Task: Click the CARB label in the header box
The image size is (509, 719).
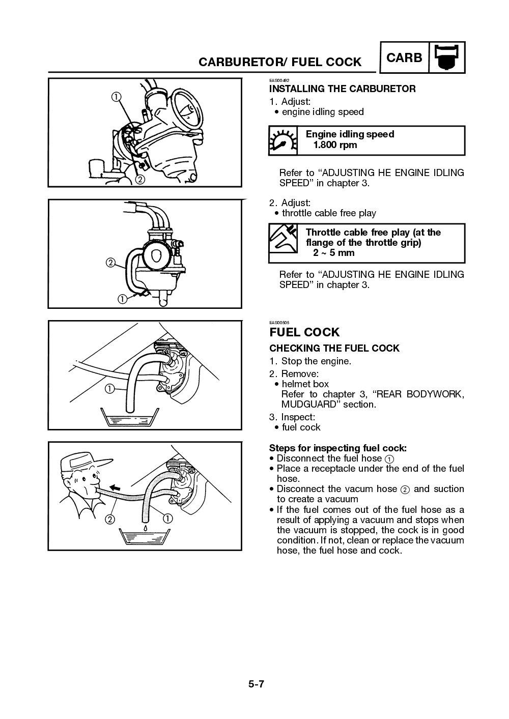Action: pyautogui.click(x=404, y=58)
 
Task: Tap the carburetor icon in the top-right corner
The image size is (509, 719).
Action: pyautogui.click(x=447, y=57)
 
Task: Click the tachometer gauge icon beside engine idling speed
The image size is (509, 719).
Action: pyautogui.click(x=282, y=140)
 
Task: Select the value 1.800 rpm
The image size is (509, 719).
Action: pyautogui.click(x=335, y=145)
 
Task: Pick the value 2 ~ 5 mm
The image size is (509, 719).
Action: pyautogui.click(x=333, y=253)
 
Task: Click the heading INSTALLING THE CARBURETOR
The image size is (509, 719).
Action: pyautogui.click(x=342, y=89)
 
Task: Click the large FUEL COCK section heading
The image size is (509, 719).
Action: pyautogui.click(x=304, y=332)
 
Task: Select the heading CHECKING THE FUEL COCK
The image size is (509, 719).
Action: pyautogui.click(x=334, y=349)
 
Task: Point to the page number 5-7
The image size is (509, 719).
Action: pyautogui.click(x=256, y=684)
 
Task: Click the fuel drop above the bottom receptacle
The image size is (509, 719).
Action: pyautogui.click(x=145, y=528)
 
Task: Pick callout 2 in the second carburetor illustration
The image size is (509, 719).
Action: pyautogui.click(x=110, y=263)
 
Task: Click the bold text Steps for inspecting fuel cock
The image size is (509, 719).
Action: pyautogui.click(x=337, y=448)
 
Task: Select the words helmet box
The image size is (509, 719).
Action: pyautogui.click(x=305, y=384)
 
